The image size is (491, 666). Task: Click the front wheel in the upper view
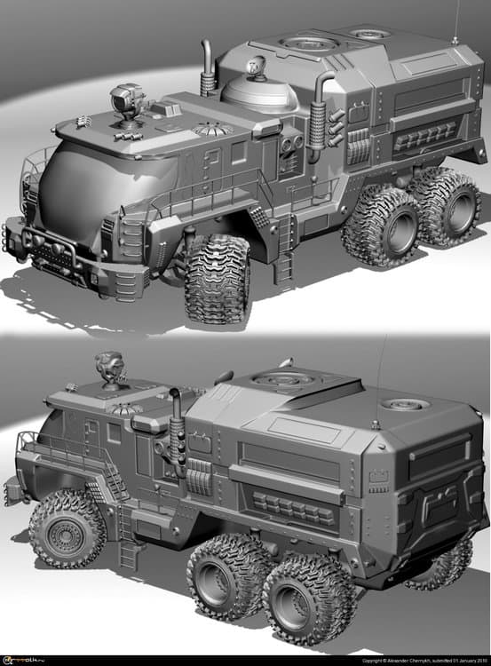[x=217, y=278]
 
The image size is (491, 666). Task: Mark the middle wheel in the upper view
[x=380, y=225]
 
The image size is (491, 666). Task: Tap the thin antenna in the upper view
[x=456, y=21]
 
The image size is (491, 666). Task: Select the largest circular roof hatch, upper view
[x=308, y=44]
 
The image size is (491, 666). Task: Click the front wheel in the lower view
[x=67, y=529]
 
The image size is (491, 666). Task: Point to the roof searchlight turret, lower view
[x=110, y=368]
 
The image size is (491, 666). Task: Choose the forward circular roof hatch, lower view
[x=281, y=380]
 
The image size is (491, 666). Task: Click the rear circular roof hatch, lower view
[x=405, y=404]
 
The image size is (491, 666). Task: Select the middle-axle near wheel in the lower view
[x=221, y=578]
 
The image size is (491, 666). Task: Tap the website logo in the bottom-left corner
[x=24, y=660]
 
